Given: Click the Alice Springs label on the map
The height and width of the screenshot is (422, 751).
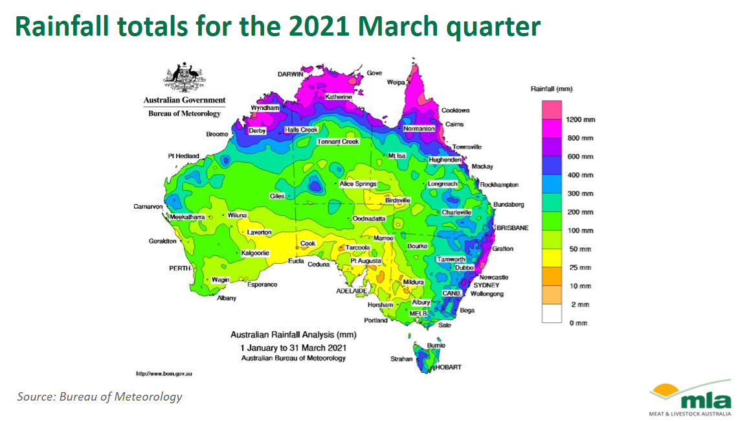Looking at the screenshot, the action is pos(358,183).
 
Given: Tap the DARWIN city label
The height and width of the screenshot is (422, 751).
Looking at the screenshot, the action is pos(290,75).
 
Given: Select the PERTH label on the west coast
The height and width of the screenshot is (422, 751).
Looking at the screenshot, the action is pos(179,268).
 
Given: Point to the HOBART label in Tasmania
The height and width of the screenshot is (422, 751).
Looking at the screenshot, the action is pos(448,368).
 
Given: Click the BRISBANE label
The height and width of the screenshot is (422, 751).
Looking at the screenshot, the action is pos(513,228).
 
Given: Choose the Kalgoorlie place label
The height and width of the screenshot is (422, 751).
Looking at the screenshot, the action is pos(255,253).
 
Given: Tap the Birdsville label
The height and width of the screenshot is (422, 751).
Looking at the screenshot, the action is pos(398,200).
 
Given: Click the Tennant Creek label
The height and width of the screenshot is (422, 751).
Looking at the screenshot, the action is pos(338,141).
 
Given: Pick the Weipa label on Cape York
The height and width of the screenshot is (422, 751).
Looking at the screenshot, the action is pos(396,82).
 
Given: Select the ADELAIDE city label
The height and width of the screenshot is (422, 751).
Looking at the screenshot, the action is pos(352,291).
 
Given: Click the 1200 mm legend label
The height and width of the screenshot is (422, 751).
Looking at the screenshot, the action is pos(581,119).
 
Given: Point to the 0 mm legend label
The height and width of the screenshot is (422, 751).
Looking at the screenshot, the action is pos(578,323).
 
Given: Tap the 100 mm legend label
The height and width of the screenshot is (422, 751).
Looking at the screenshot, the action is pos(581,231).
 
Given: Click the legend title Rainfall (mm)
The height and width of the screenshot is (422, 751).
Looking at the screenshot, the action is pos(552,89).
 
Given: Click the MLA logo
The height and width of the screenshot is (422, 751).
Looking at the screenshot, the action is pos(690,397).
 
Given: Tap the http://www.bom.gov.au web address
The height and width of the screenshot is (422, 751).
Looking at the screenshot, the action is pos(164,373).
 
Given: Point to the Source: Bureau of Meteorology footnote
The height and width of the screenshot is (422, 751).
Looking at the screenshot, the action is pos(100,397).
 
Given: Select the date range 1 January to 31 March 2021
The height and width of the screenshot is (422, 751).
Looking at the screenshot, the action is pos(293,347).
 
